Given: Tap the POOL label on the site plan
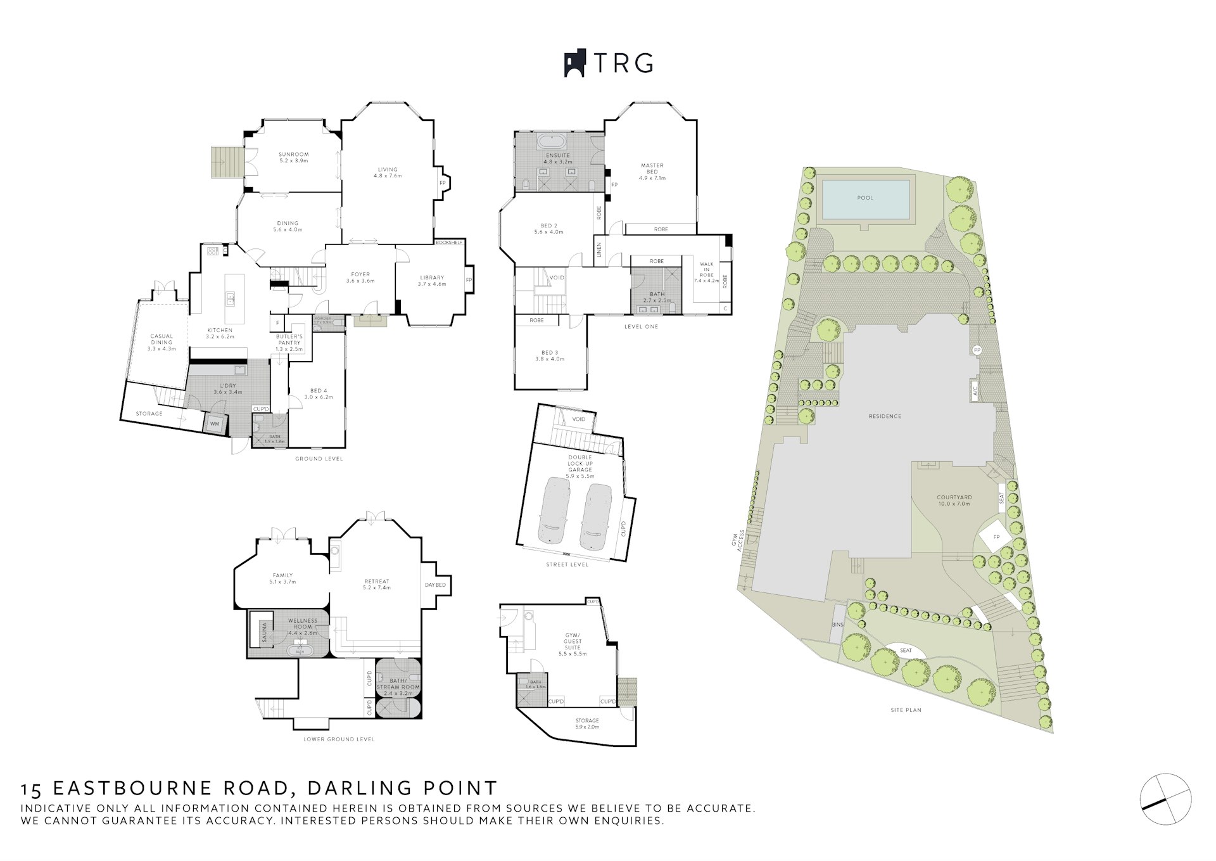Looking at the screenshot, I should point(864,198).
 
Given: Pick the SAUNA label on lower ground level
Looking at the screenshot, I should point(264,633).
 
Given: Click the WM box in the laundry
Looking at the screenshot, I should point(215,423).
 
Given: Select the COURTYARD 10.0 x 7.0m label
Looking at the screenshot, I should point(954,501).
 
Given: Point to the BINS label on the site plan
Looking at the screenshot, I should point(837,624).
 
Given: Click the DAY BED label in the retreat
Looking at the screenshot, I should point(435,585).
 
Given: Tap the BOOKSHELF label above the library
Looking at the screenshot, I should point(449,243).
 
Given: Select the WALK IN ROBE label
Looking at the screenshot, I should point(706,272).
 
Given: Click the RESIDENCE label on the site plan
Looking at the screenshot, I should point(885,416).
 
